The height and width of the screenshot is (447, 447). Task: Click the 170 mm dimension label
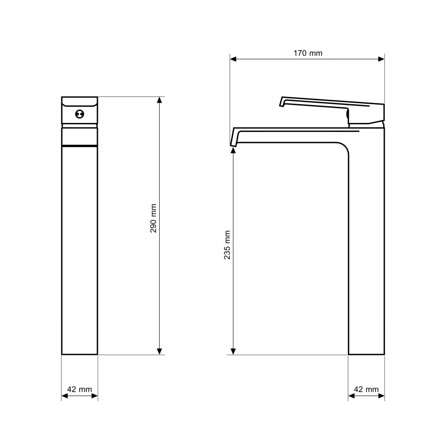click(308, 53)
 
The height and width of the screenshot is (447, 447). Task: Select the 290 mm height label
click(153, 219)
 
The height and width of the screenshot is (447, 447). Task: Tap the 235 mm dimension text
click(227, 245)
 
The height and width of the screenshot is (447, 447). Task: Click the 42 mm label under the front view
click(80, 389)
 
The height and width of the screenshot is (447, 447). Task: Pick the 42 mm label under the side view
click(367, 389)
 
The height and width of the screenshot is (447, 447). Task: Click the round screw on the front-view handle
click(80, 114)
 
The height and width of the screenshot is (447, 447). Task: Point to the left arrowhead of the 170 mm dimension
click(233, 59)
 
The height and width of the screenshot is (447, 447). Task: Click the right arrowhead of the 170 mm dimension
click(381, 59)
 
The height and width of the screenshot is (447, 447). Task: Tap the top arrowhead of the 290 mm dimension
click(160, 100)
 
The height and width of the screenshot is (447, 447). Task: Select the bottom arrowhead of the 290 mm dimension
click(160, 351)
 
